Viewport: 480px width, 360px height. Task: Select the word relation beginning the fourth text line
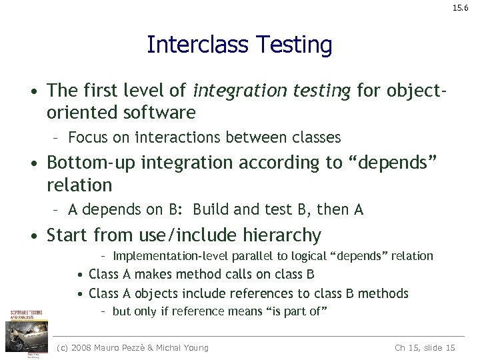coord(79,184)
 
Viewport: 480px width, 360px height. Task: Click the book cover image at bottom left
coord(24,331)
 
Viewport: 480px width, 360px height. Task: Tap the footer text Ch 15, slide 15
coord(425,347)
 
